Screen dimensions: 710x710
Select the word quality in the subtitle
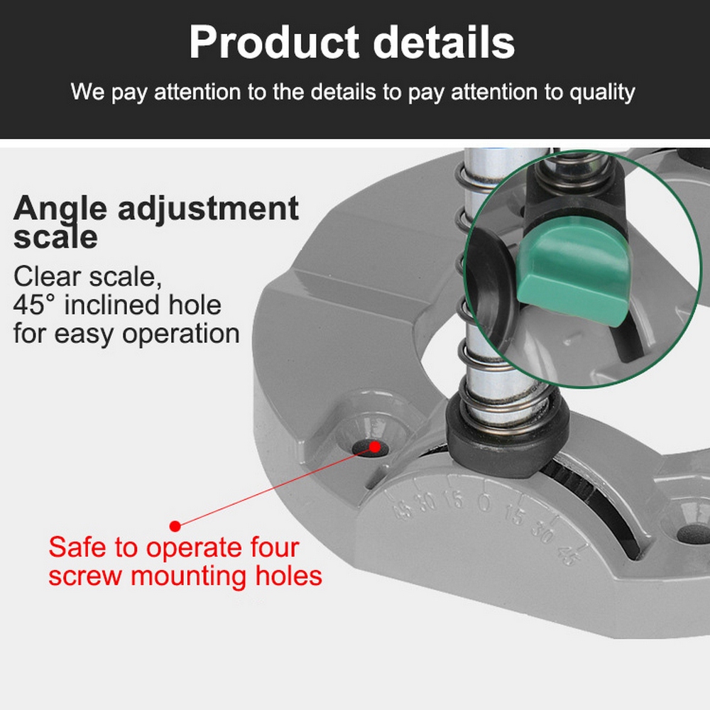click(x=602, y=93)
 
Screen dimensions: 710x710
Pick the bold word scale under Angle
click(x=55, y=238)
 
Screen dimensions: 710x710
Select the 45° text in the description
click(x=34, y=305)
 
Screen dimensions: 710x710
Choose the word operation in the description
click(x=180, y=334)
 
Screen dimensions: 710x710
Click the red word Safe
click(x=77, y=547)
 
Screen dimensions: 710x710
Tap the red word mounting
click(x=189, y=577)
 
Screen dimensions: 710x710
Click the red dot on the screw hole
click(x=374, y=447)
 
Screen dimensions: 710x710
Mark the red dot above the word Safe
click(x=175, y=525)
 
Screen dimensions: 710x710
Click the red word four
click(x=275, y=547)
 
